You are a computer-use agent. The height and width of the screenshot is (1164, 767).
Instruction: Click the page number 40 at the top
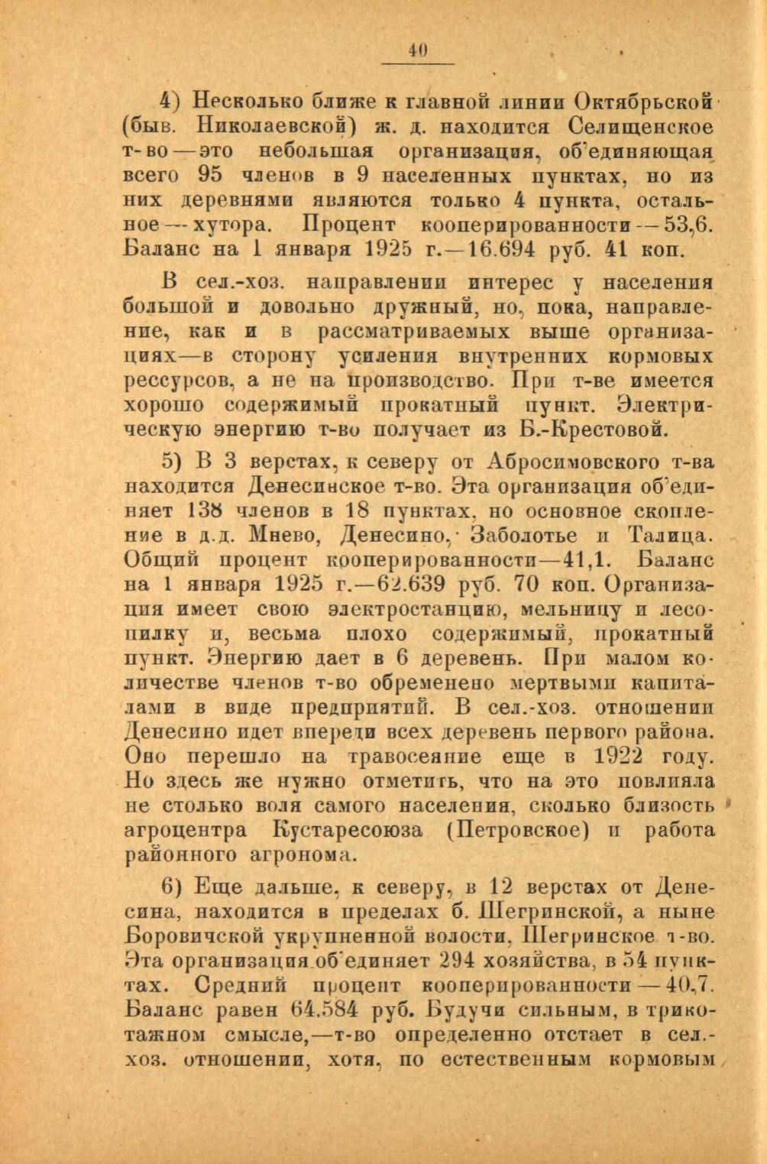point(417,50)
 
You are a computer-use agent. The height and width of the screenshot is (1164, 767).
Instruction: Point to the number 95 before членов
point(210,175)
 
